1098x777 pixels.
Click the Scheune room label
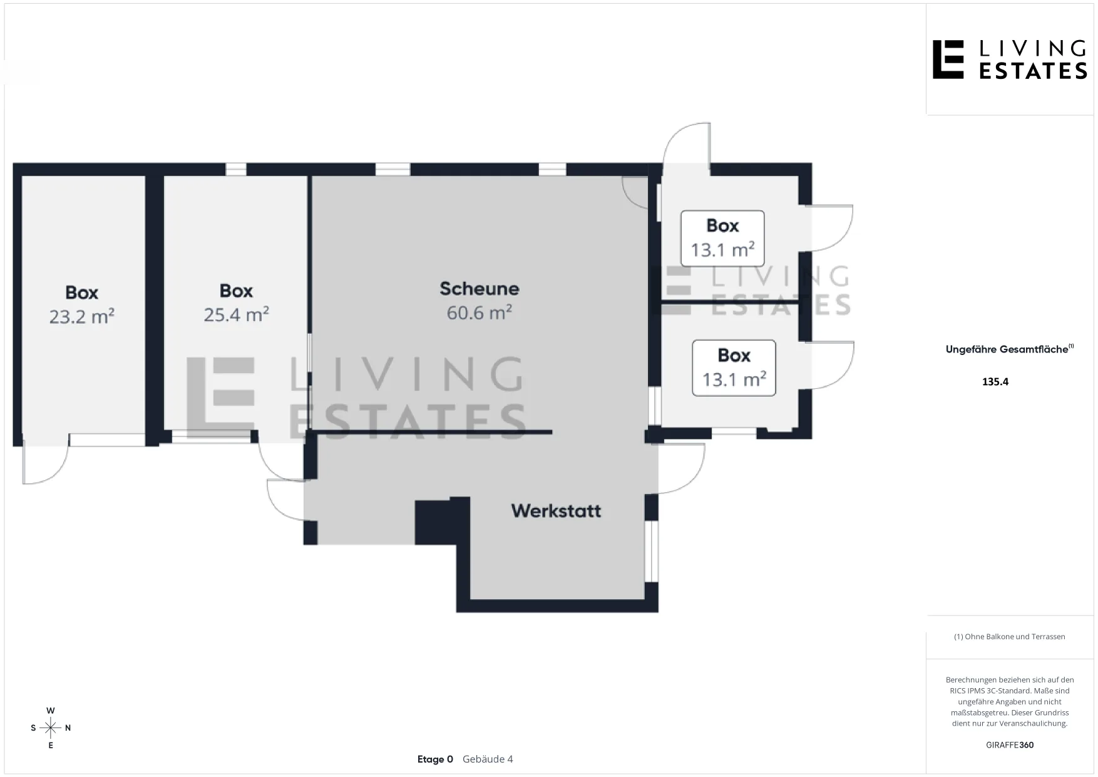[x=480, y=289]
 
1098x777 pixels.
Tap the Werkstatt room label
[x=556, y=511]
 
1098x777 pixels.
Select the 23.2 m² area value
[x=81, y=316]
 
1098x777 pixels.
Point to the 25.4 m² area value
[x=236, y=314]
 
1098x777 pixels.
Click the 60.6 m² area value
[x=480, y=312]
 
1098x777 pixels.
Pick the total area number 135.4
[x=995, y=382]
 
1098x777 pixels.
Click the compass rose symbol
[x=51, y=728]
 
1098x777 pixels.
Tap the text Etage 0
[x=435, y=759]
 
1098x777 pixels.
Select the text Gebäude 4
[x=488, y=759]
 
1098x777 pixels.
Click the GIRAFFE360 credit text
[x=1010, y=745]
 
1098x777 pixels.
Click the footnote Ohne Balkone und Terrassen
[x=1010, y=637]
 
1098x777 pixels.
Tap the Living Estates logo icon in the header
[x=948, y=59]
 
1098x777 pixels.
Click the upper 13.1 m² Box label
[x=722, y=239]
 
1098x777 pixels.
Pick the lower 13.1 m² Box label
[x=734, y=368]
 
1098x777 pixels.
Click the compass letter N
[x=68, y=728]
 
